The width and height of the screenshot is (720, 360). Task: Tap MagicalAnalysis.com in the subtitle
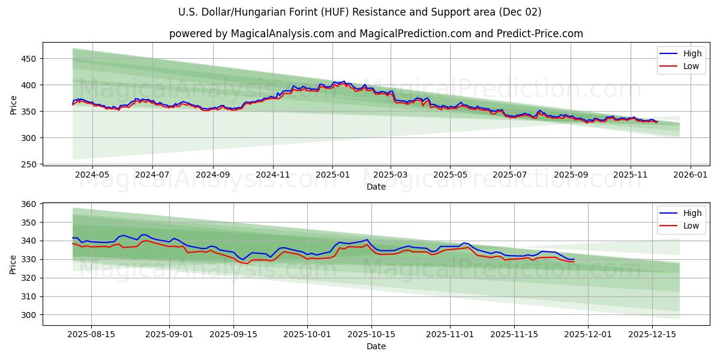pyautogui.click(x=282, y=34)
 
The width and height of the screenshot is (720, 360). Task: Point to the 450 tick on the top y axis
pyautogui.click(x=29, y=59)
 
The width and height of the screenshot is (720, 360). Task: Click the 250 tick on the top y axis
pyautogui.click(x=29, y=164)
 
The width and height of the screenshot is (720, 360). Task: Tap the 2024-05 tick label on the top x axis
pyautogui.click(x=92, y=175)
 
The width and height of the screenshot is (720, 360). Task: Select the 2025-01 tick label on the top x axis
pyautogui.click(x=332, y=175)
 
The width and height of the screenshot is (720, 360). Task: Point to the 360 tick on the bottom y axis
pyautogui.click(x=29, y=204)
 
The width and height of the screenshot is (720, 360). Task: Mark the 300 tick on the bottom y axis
pyautogui.click(x=29, y=315)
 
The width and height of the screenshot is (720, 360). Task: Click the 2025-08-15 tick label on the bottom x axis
pyautogui.click(x=92, y=334)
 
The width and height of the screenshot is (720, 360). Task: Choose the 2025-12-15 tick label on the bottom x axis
pyautogui.click(x=652, y=334)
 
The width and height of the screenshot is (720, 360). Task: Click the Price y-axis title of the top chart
pyautogui.click(x=14, y=105)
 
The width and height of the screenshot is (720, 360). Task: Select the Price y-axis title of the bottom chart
pyautogui.click(x=14, y=264)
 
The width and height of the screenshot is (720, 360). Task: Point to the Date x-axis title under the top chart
pyautogui.click(x=376, y=187)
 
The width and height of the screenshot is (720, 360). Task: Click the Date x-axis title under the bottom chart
pyautogui.click(x=376, y=346)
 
